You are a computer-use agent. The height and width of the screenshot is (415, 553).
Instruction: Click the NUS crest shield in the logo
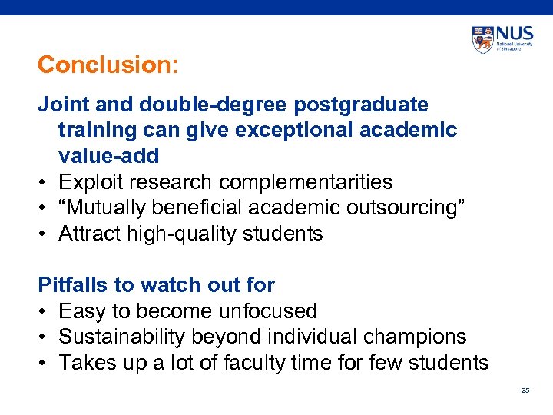tap(483, 39)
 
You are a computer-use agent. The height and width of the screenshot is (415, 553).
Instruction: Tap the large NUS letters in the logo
tap(514, 35)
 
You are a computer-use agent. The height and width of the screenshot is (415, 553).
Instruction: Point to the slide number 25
tap(525, 390)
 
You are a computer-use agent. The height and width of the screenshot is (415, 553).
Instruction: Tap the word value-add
tap(108, 156)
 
